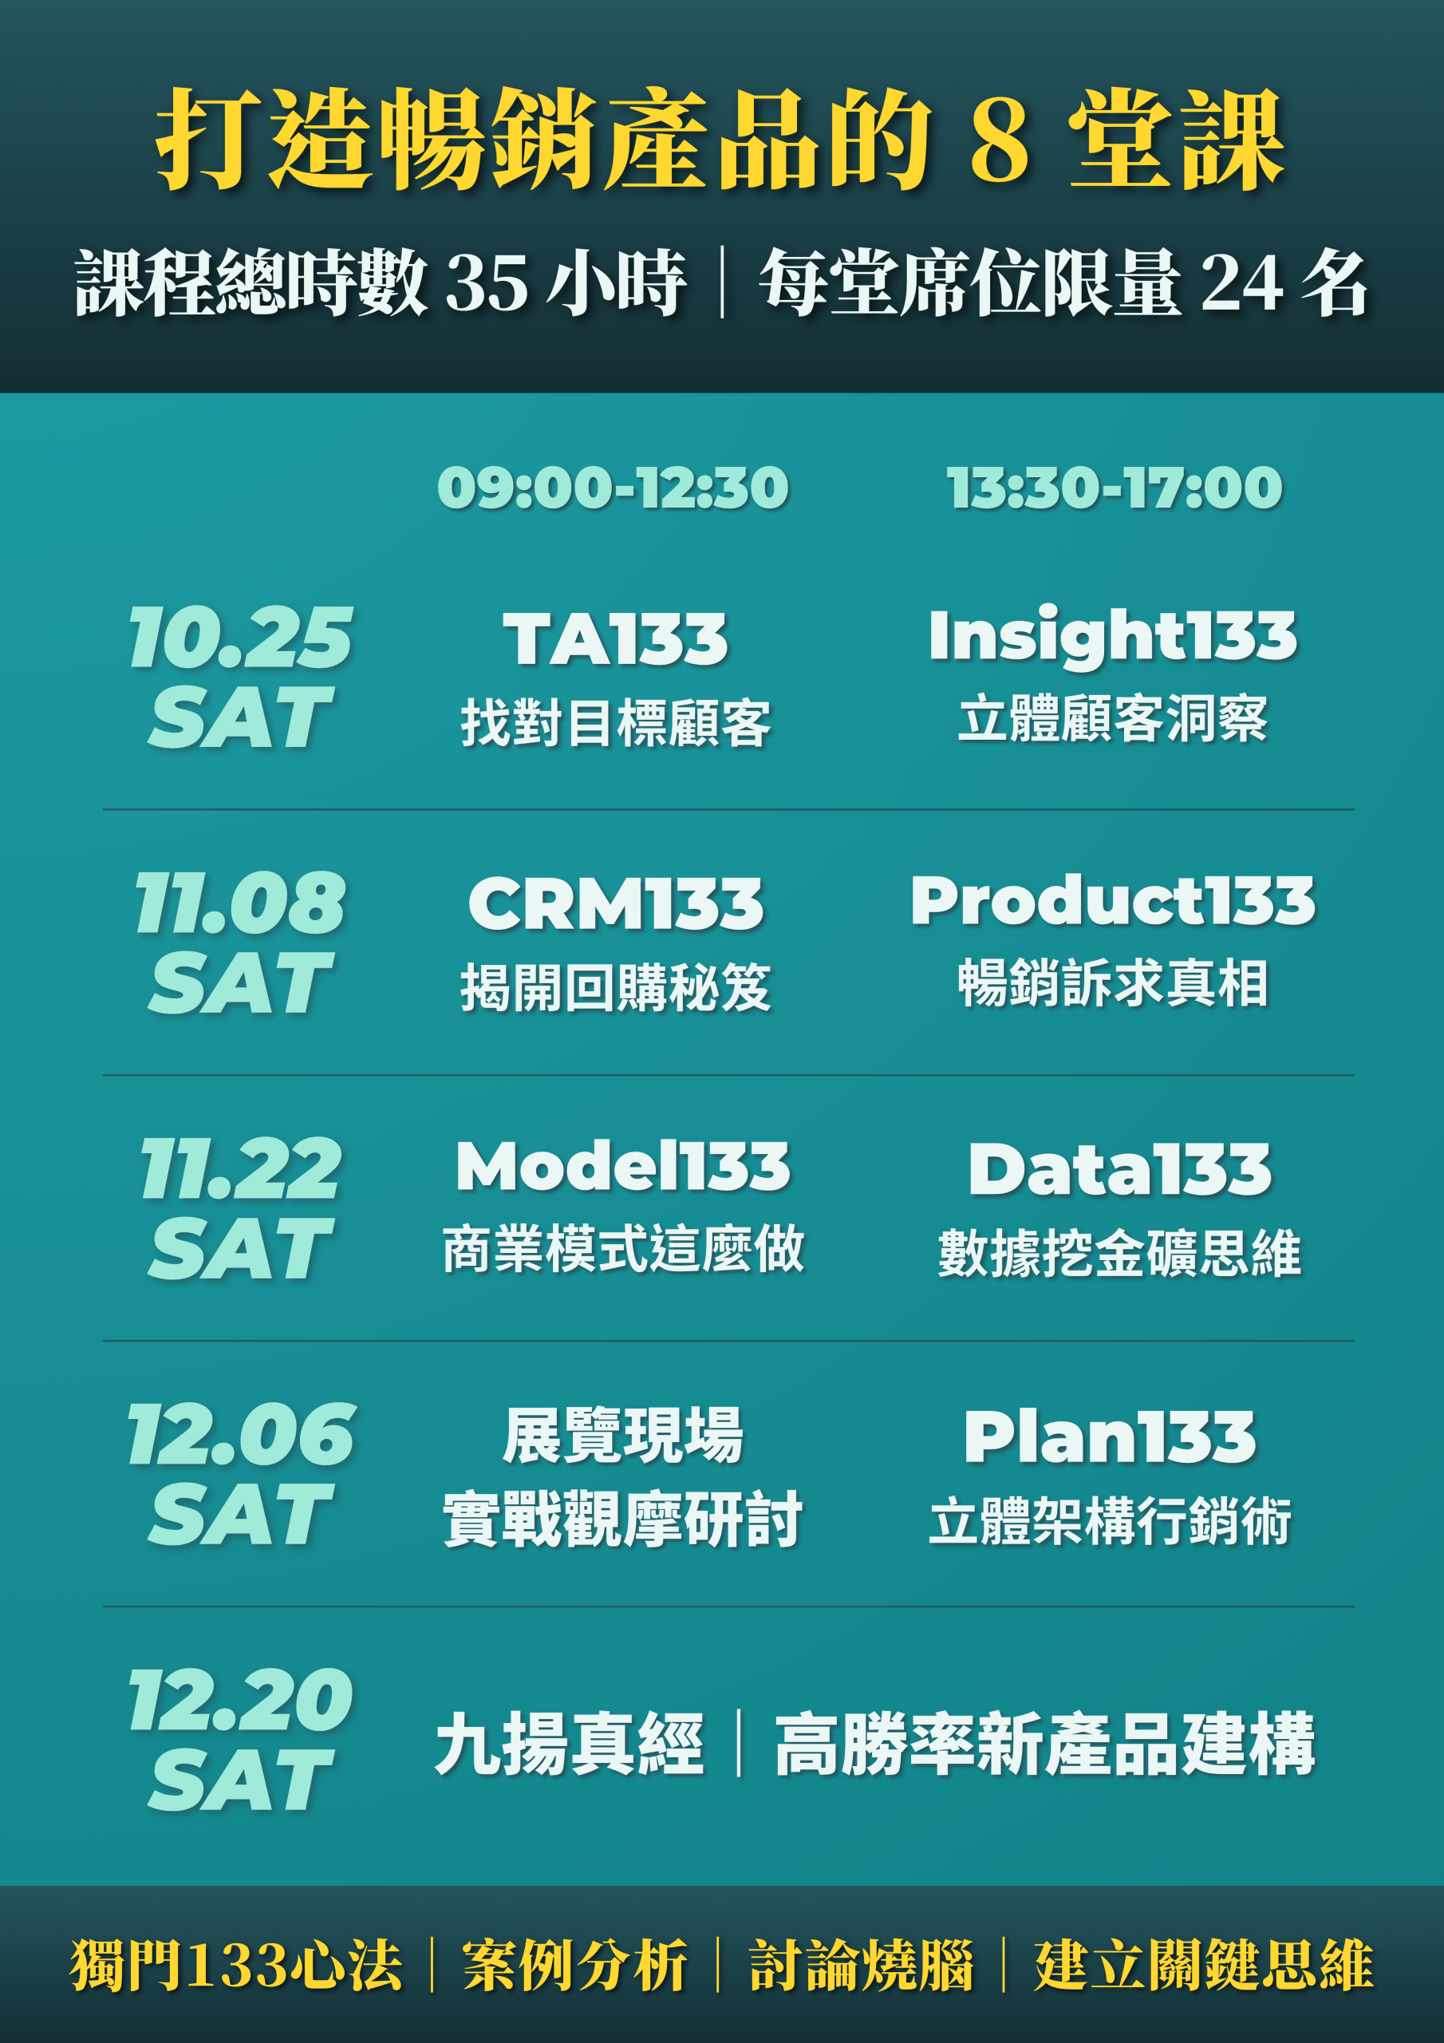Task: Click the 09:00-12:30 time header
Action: pyautogui.click(x=613, y=488)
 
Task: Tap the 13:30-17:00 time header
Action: pyautogui.click(x=1114, y=488)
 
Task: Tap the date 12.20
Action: pyautogui.click(x=240, y=1700)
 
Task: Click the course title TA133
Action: pyautogui.click(x=616, y=639)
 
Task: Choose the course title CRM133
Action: pyautogui.click(x=616, y=904)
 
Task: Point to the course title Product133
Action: pyautogui.click(x=1112, y=900)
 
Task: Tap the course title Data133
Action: pyautogui.click(x=1119, y=1169)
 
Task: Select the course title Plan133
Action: pyautogui.click(x=1110, y=1437)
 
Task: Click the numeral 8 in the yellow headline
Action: pyautogui.click(x=1000, y=140)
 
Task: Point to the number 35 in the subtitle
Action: pyautogui.click(x=487, y=284)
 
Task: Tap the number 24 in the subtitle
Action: pyautogui.click(x=1241, y=284)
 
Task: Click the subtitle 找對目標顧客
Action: pyautogui.click(x=616, y=721)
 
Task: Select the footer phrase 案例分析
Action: pyautogui.click(x=574, y=1965)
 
